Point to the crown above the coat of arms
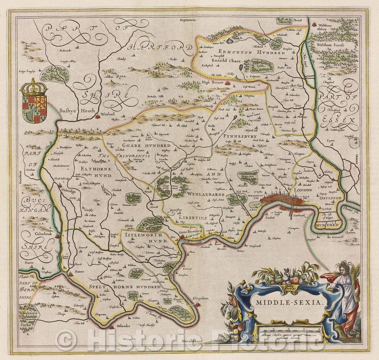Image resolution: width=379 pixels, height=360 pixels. point(34,87)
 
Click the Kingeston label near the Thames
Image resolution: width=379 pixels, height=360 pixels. point(200,298)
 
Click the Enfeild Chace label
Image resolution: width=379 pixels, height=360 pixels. point(226,61)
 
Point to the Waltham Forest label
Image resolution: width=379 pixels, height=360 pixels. point(331,45)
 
